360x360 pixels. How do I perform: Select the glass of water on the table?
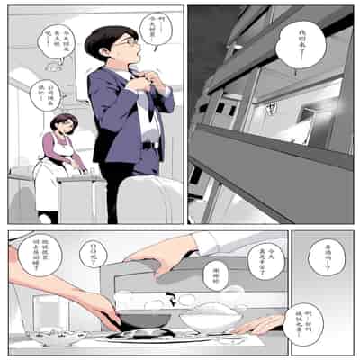point(45,311)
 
